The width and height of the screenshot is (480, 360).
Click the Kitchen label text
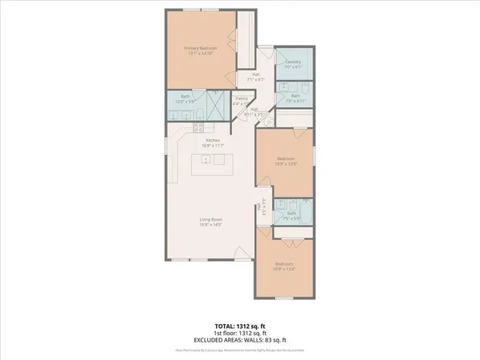(211, 141)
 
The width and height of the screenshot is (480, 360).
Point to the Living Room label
(210, 218)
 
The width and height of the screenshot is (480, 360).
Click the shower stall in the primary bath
(214, 103)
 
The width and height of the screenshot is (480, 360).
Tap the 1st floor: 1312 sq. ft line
(240, 334)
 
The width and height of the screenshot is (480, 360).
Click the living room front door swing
(238, 255)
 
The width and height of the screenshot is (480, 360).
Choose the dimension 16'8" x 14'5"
(210, 224)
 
